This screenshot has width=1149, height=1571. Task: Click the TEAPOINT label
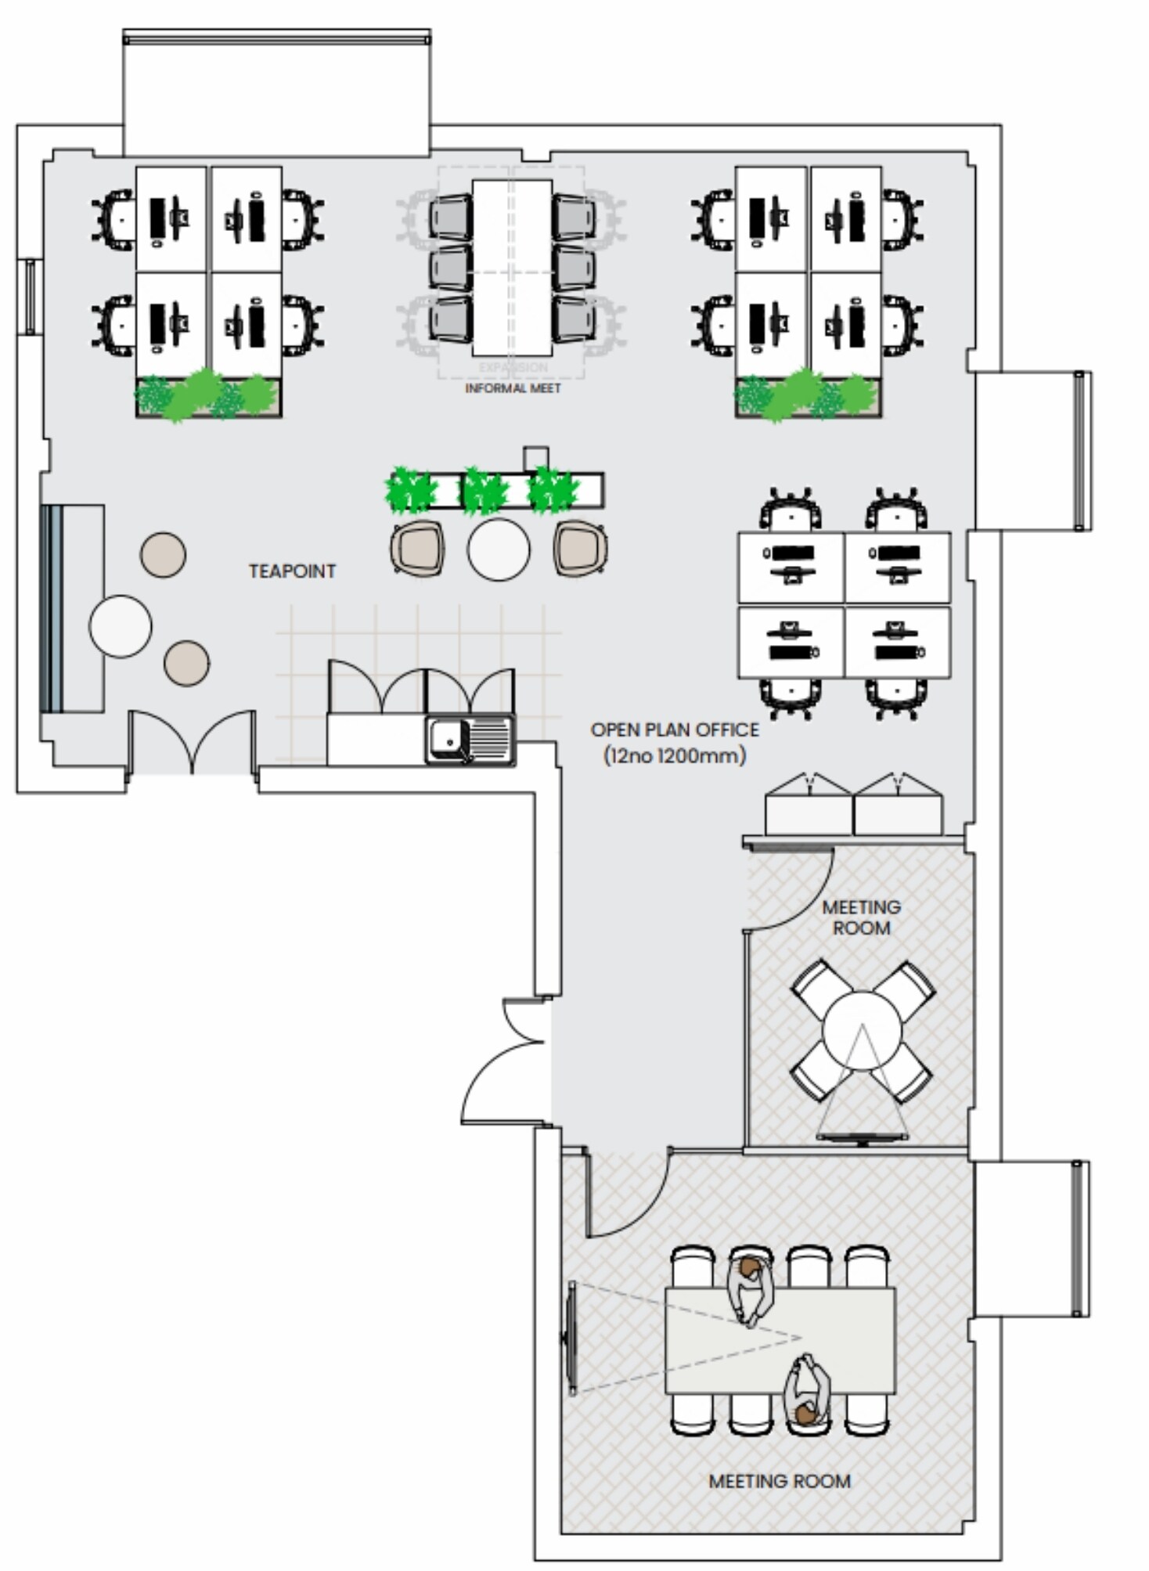click(292, 571)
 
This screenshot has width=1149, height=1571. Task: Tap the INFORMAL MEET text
click(513, 388)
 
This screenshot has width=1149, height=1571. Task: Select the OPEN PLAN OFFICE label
click(674, 730)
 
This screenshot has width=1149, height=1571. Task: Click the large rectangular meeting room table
click(780, 1340)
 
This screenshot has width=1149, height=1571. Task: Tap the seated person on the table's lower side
click(808, 1395)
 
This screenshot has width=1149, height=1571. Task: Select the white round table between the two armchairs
click(499, 549)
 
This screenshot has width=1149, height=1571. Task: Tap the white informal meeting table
click(512, 268)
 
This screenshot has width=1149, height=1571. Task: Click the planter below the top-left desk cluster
click(208, 396)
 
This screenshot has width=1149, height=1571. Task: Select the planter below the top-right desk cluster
click(808, 396)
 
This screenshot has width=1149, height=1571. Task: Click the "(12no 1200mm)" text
click(674, 756)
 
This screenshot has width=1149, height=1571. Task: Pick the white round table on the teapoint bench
click(120, 626)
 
